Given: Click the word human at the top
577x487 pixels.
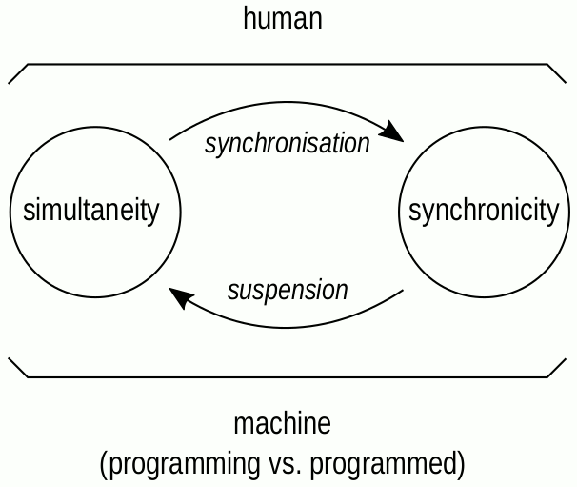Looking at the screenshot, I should click(283, 18).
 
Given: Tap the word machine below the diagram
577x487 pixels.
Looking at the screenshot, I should click(283, 423).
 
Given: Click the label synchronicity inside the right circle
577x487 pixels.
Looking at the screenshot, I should click(483, 211).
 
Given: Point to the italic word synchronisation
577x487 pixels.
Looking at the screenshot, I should click(288, 144).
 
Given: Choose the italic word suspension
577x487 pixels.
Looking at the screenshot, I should click(288, 290).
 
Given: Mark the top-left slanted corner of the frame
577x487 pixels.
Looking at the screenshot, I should click(18, 73).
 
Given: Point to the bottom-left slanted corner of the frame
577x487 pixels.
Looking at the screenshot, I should click(18, 368).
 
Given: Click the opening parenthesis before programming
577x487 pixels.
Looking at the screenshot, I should click(104, 465).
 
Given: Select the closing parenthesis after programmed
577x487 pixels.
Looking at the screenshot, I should click(461, 465).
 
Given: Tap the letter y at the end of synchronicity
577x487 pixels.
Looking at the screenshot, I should click(551, 213).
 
